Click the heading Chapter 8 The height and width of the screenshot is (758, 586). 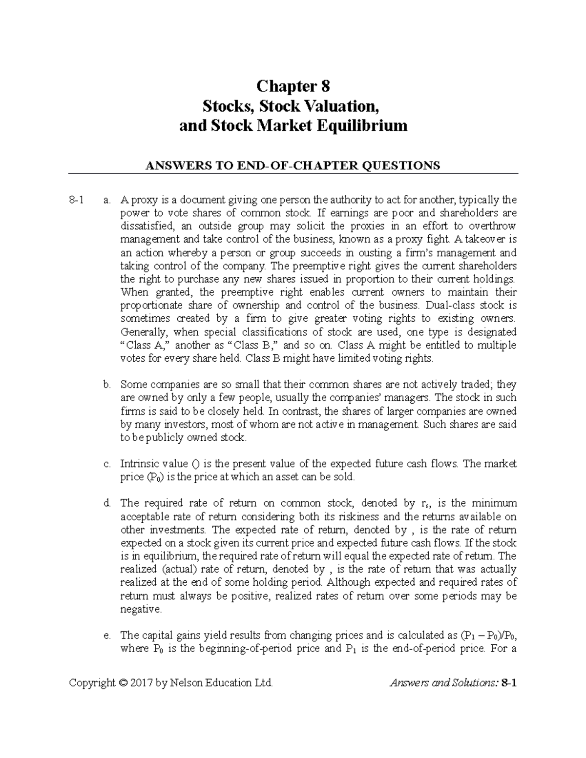[293, 87]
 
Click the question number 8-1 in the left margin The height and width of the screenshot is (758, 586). [77, 200]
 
